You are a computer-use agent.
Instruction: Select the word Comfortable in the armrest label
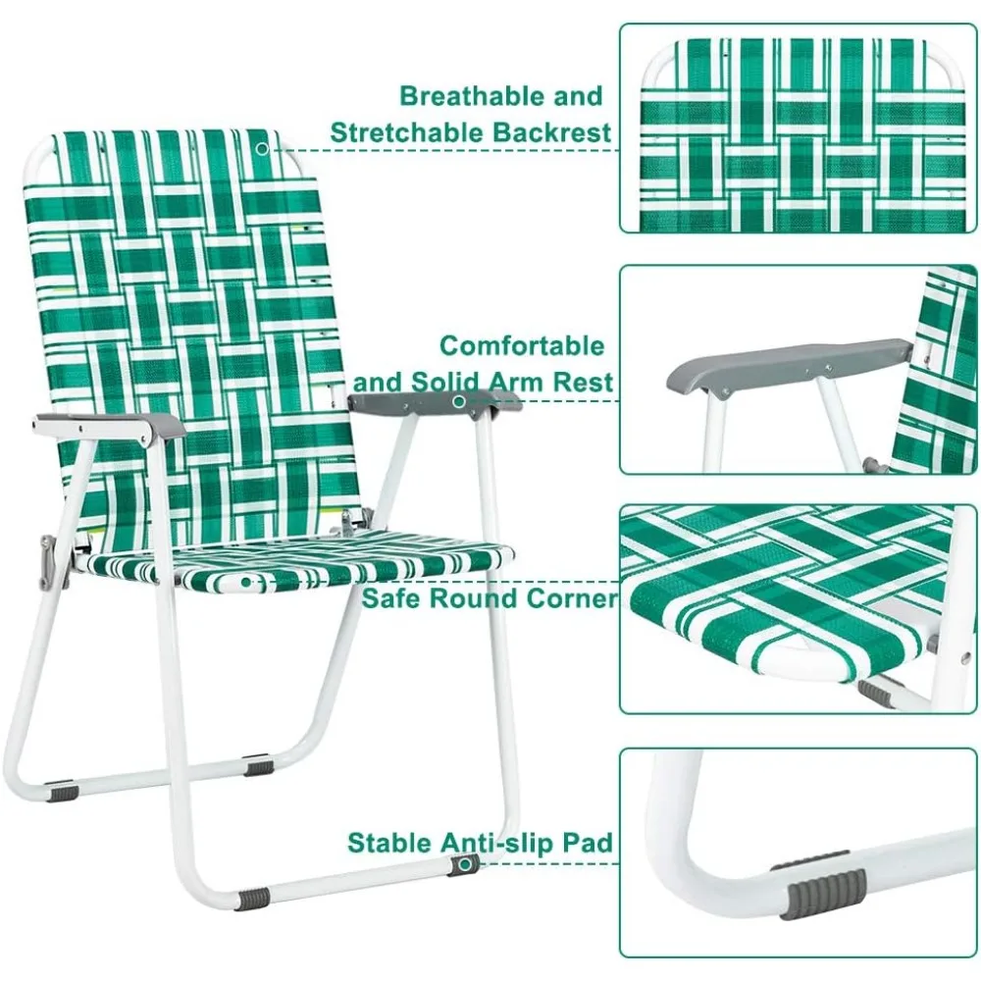522,345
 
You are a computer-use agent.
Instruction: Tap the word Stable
390,842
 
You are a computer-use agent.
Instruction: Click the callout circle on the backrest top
263,149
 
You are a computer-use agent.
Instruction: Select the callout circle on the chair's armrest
458,401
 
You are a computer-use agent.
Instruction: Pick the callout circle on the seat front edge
246,583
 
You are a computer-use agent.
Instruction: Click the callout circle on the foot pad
465,864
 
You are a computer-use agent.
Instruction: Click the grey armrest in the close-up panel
789,365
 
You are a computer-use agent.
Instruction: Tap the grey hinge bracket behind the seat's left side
47,562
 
